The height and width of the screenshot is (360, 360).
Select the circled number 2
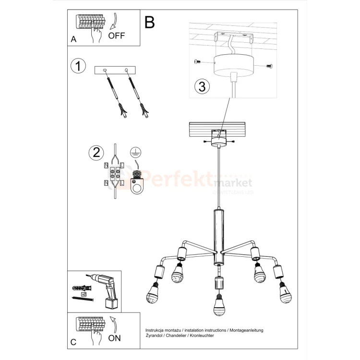click(x=96, y=152)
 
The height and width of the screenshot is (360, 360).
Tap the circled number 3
click(x=202, y=87)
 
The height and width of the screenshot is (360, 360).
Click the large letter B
click(x=150, y=22)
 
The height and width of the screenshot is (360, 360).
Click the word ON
click(x=115, y=338)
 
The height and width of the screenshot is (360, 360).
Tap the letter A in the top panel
click(x=73, y=40)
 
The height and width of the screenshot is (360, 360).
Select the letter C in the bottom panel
click(x=73, y=342)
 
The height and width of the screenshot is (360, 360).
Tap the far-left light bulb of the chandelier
click(x=155, y=293)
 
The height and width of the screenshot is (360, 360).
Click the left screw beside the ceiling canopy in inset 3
click(x=197, y=61)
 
